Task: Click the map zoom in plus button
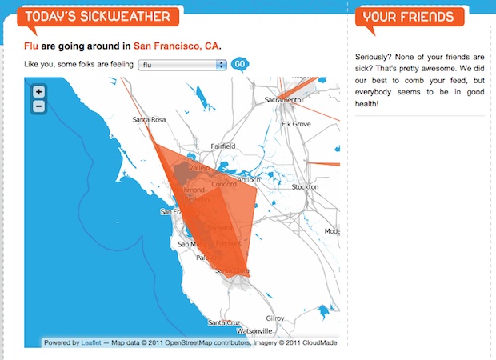pos(39,91)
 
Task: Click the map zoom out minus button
pos(39,106)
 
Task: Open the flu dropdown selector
pos(182,64)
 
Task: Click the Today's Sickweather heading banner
pos(97,17)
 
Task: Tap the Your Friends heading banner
pos(409,17)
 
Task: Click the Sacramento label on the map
pos(284,100)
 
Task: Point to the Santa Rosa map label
pos(149,120)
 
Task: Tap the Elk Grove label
pos(296,125)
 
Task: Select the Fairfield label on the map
pos(222,146)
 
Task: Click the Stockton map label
pos(306,186)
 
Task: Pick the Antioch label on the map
pos(250,178)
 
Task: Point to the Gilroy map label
pos(274,318)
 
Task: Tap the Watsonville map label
pos(254,330)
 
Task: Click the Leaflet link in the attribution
pos(90,342)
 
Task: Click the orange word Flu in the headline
pos(32,46)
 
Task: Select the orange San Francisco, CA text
pos(176,46)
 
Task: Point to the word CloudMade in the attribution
pos(317,342)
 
